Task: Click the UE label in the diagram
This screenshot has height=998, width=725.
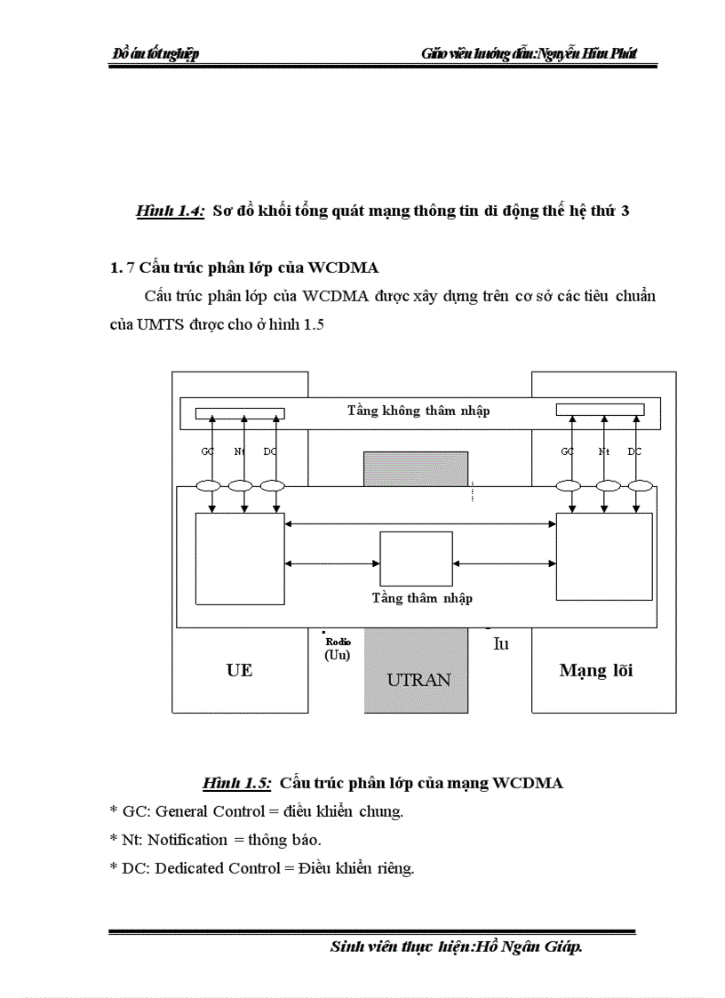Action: tap(239, 670)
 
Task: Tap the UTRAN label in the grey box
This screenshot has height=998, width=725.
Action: tap(418, 680)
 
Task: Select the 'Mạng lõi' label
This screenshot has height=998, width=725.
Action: tap(595, 670)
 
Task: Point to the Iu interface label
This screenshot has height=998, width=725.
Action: tap(501, 644)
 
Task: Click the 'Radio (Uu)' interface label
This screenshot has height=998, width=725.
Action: tap(338, 648)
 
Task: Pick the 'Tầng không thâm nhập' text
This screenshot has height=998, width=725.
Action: tap(418, 411)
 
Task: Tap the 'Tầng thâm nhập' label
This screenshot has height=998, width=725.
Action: tap(422, 598)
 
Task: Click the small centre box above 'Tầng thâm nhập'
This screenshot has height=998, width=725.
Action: tap(416, 558)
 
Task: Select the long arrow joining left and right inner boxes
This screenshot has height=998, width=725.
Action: tap(420, 523)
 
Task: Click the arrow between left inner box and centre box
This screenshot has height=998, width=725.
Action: tap(331, 563)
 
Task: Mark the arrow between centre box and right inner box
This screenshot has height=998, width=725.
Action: tap(504, 563)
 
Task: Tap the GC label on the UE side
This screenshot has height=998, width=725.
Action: tap(208, 451)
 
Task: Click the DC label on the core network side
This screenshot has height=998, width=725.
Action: tap(634, 451)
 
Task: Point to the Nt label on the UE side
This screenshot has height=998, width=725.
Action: tap(239, 451)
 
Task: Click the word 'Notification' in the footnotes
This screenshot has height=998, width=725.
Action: tap(187, 839)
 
